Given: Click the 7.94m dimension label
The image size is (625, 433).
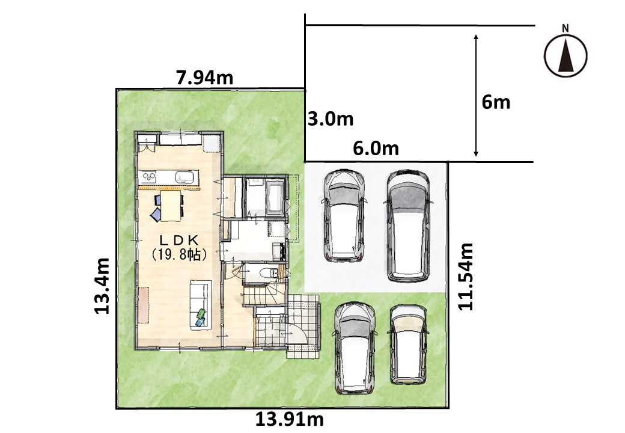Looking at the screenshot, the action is [204, 78].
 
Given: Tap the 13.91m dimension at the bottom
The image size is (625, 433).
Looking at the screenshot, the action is [290, 419].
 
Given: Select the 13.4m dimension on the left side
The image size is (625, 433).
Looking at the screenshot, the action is [102, 286].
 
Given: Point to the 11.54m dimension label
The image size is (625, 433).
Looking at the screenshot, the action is [465, 276].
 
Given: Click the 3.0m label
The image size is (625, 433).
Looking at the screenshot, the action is [331, 119].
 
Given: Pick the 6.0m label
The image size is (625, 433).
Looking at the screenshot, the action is [376, 149].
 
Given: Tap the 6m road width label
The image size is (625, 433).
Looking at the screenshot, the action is [496, 102].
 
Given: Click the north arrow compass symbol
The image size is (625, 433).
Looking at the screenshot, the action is [566, 55].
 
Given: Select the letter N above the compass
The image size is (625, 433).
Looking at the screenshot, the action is [566, 28].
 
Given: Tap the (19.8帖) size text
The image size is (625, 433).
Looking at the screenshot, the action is [179, 254].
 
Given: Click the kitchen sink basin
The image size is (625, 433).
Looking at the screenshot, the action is [186, 176].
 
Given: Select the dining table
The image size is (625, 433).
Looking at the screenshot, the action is [171, 205].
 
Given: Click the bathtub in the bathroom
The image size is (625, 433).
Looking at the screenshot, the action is [275, 196].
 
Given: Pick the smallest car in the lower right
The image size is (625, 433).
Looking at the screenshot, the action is [408, 345].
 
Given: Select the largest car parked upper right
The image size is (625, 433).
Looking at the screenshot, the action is [408, 226].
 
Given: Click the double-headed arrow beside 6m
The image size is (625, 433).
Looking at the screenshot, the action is [476, 95].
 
